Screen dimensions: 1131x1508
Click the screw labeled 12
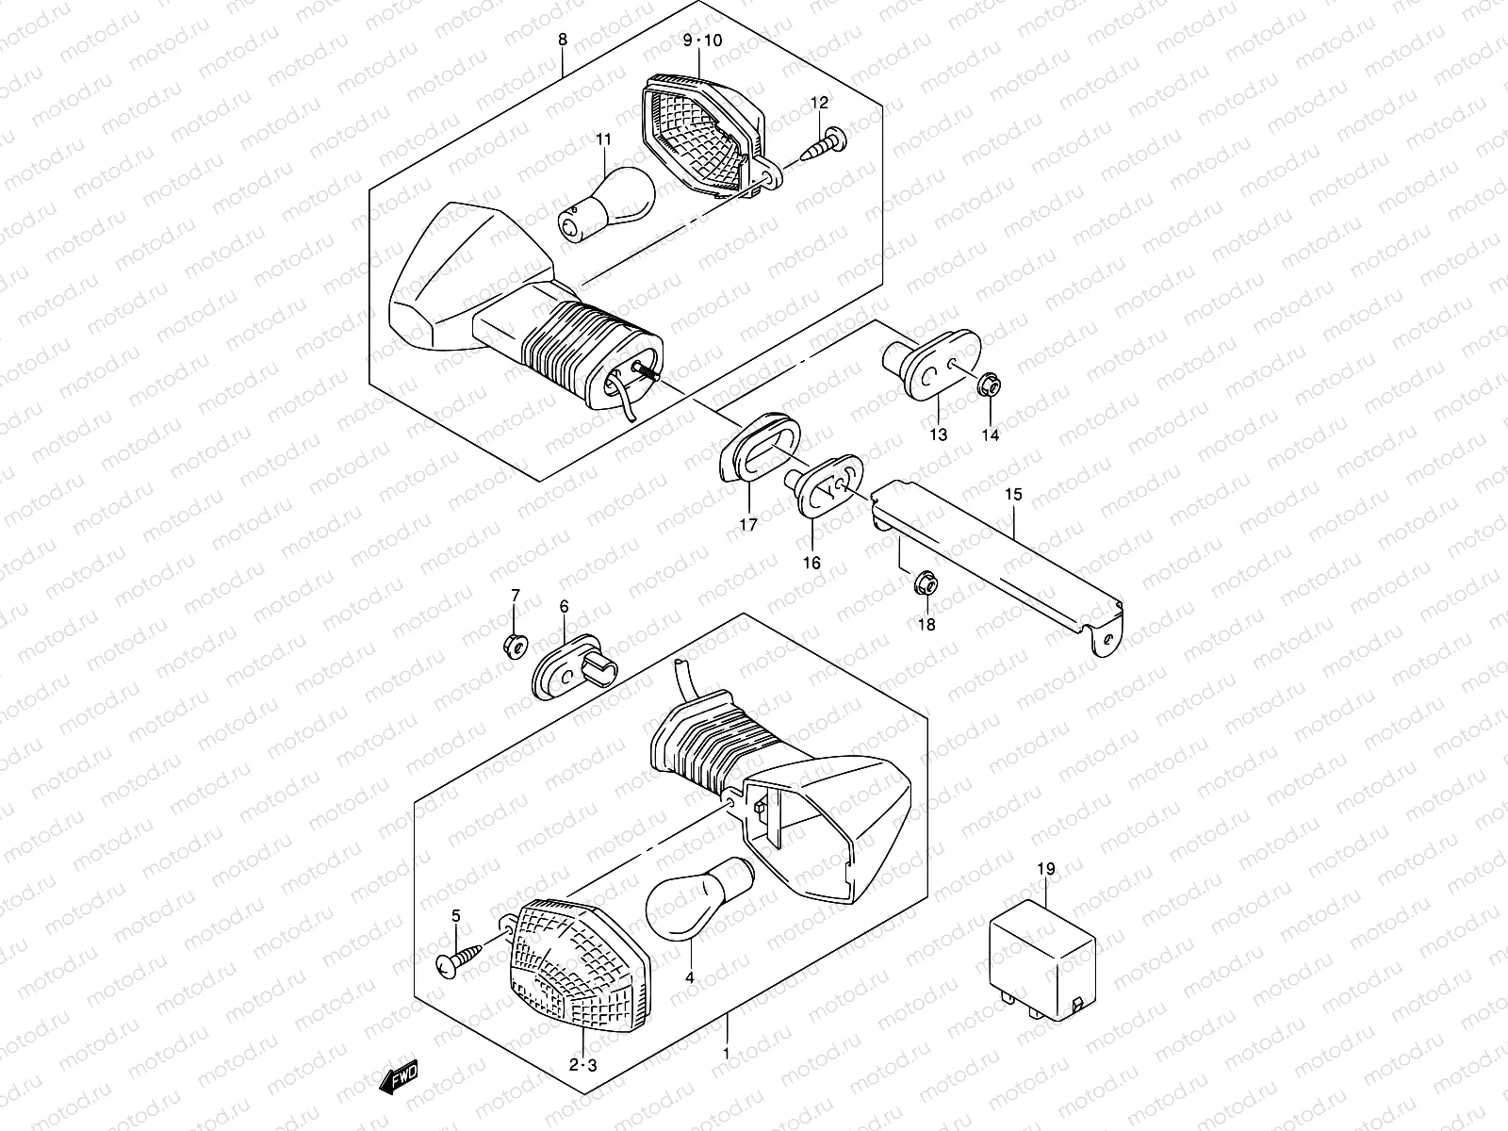click(x=828, y=145)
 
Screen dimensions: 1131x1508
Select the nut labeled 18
click(x=926, y=585)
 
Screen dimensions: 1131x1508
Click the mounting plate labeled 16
click(x=828, y=484)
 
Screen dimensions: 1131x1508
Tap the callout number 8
click(x=563, y=40)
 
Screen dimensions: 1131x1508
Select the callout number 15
click(x=1012, y=494)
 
